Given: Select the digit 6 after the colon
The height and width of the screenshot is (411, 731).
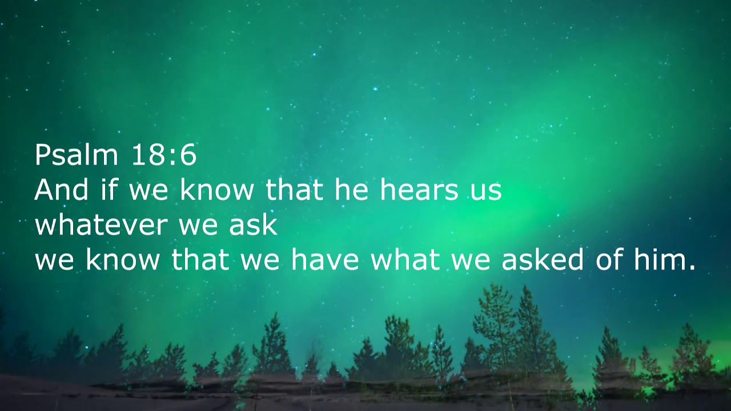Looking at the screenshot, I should pyautogui.click(x=188, y=155).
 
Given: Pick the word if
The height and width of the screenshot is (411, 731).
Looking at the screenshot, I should pyautogui.click(x=109, y=190).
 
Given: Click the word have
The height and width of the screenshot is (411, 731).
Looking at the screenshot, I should pyautogui.click(x=324, y=260).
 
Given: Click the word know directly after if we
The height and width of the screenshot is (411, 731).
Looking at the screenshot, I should pyautogui.click(x=216, y=190).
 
